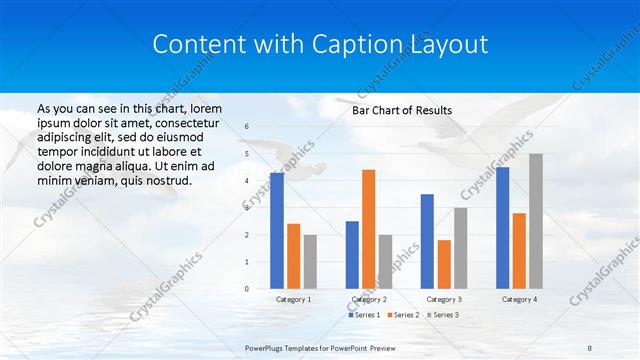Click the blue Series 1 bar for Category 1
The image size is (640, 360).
pyautogui.click(x=276, y=231)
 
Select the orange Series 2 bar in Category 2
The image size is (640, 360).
pyautogui.click(x=368, y=229)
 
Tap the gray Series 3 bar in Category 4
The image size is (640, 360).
pyautogui.click(x=536, y=221)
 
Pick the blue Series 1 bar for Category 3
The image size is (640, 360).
pyautogui.click(x=427, y=241)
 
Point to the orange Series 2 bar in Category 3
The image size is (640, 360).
pyautogui.click(x=444, y=264)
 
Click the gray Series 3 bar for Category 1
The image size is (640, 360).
pyautogui.click(x=310, y=262)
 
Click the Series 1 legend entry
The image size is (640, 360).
pyautogui.click(x=365, y=315)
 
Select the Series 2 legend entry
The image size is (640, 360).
pyautogui.click(x=402, y=315)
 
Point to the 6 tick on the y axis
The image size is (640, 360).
pyautogui.click(x=247, y=127)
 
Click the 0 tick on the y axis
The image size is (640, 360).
pyautogui.click(x=247, y=289)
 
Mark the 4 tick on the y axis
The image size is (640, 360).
pyautogui.click(x=247, y=181)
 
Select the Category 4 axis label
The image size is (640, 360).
pyautogui.click(x=519, y=299)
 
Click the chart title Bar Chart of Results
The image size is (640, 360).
pyautogui.click(x=402, y=110)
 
